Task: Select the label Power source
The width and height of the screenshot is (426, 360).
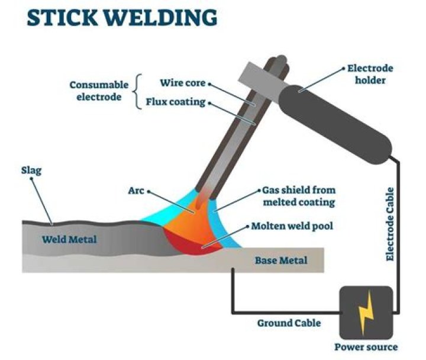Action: coord(366,347)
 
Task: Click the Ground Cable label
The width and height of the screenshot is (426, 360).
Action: coord(289,323)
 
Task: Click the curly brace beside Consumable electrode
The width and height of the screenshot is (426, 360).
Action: coord(138,91)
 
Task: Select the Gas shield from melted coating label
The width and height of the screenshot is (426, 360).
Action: coord(298,197)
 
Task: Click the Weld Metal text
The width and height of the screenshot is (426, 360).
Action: coord(69,239)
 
